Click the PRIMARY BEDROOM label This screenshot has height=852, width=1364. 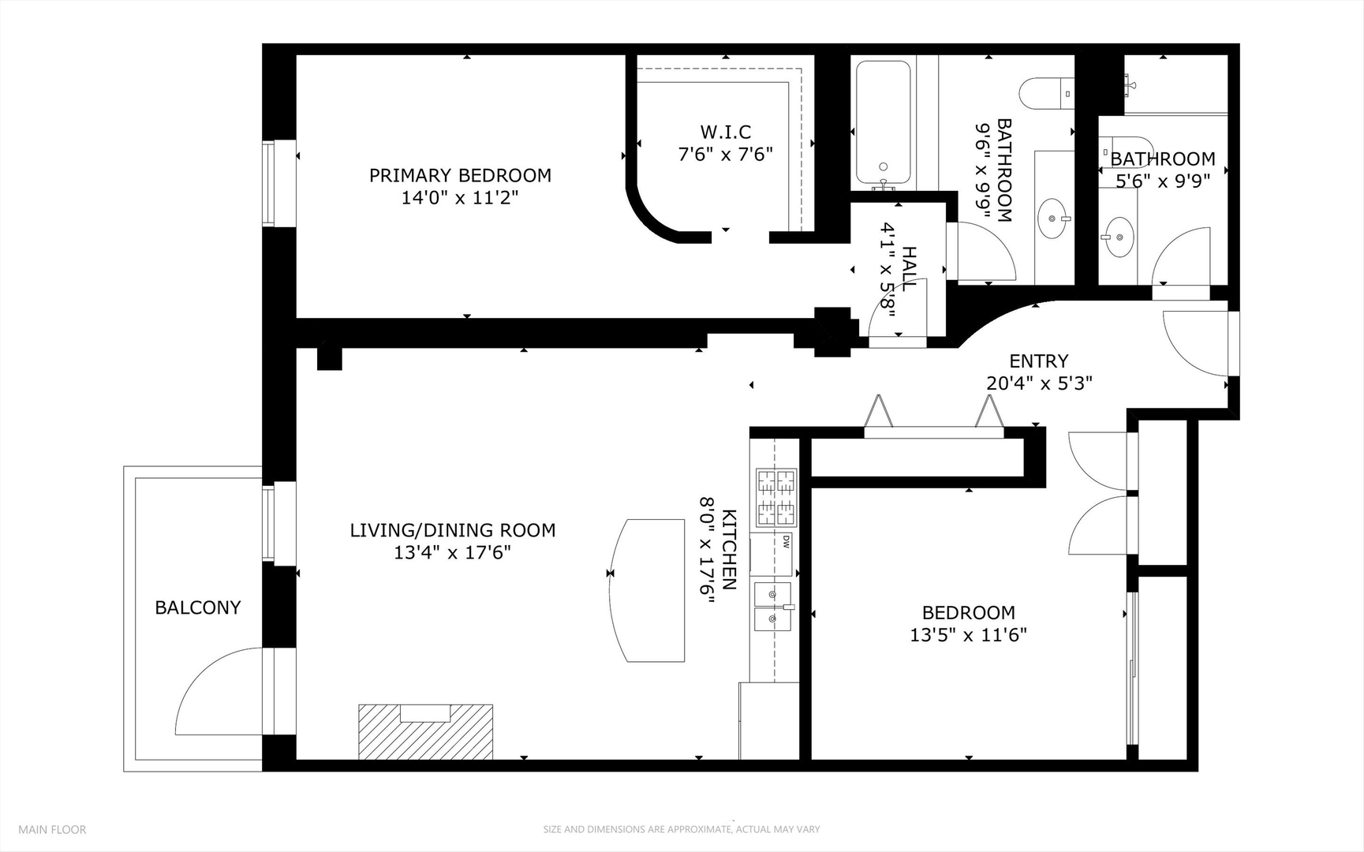460,175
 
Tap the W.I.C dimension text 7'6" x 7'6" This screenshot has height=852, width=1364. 725,154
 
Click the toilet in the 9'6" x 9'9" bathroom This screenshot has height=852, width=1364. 1045,93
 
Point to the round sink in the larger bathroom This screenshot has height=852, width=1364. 1052,218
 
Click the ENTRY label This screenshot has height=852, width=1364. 1038,361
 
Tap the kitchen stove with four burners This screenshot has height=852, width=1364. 776,497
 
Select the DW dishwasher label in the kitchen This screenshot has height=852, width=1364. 787,542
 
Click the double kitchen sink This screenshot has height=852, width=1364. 773,606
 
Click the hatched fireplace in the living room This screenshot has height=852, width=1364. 425,731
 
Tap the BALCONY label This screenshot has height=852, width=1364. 197,607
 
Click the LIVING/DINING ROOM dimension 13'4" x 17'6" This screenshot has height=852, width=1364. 452,553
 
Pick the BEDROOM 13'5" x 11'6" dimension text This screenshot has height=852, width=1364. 968,635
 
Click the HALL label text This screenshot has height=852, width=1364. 909,269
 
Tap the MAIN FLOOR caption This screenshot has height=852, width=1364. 52,829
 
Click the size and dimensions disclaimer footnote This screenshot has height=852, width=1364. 681,829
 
